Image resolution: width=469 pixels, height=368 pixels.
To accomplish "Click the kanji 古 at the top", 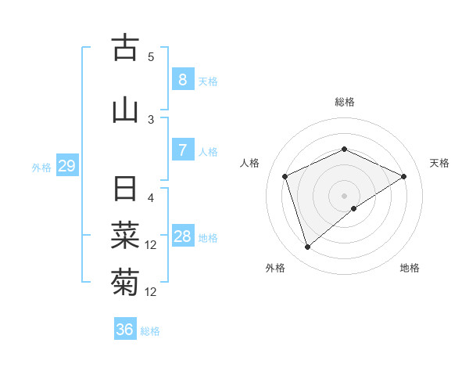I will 125,48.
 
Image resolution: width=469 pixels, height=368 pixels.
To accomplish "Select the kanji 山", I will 125,109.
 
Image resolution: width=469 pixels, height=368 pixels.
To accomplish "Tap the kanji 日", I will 125,190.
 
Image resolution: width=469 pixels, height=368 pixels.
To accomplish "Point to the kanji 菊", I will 125,280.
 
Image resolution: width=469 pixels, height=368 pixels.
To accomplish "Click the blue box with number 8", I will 182,80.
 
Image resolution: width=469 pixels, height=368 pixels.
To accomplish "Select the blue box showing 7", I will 182,150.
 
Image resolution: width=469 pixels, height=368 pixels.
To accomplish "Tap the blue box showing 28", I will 182,236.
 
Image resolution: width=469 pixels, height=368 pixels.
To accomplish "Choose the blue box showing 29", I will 66,166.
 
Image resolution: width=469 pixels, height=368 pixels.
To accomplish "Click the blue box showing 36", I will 124,330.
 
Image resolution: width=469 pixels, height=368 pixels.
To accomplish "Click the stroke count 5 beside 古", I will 151,57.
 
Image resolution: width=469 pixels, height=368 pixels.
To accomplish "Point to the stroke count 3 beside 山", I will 151,119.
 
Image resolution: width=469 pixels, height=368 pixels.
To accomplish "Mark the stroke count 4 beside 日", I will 151,198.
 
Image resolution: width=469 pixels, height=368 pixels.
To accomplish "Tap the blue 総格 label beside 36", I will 150,331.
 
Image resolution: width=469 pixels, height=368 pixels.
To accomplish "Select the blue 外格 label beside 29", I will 41,168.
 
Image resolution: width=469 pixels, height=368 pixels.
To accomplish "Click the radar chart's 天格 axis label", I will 439,163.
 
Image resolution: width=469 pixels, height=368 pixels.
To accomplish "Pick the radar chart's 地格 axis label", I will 410,268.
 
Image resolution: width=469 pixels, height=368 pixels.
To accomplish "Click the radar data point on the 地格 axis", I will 354,208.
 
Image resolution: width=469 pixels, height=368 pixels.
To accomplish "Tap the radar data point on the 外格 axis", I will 307,247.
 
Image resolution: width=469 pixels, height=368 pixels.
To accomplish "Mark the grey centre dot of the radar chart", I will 344,194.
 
